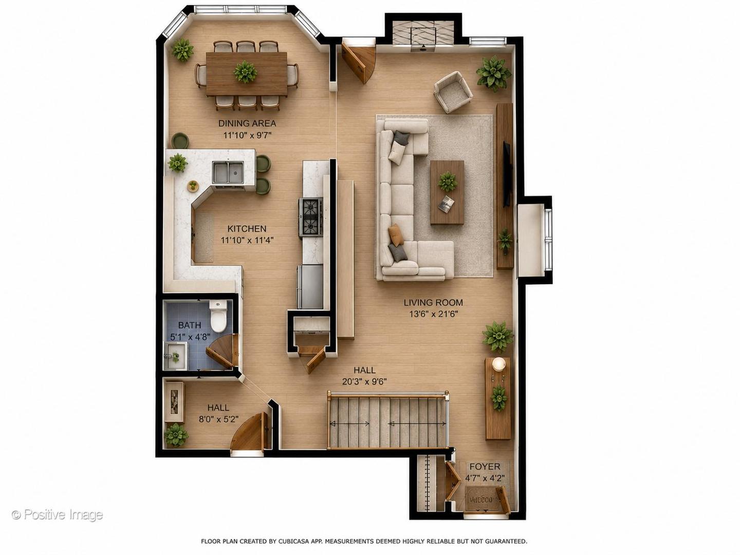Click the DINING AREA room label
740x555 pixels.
pyautogui.click(x=247, y=123)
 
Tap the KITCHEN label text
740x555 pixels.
pyautogui.click(x=247, y=229)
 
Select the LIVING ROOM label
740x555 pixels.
pyautogui.click(x=433, y=303)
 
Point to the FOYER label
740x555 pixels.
pyautogui.click(x=485, y=467)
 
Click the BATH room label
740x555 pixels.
pyautogui.click(x=190, y=325)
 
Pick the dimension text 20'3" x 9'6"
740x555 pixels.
pyautogui.click(x=364, y=382)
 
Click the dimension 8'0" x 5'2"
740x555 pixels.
pyautogui.click(x=218, y=419)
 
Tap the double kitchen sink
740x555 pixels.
pyautogui.click(x=228, y=173)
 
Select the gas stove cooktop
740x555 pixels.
pyautogui.click(x=310, y=218)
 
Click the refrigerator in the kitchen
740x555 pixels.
pyautogui.click(x=310, y=287)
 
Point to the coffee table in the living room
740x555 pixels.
pyautogui.click(x=447, y=192)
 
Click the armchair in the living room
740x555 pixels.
pyautogui.click(x=453, y=92)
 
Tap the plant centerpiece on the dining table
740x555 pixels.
pyautogui.click(x=246, y=72)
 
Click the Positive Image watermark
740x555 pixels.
pyautogui.click(x=57, y=515)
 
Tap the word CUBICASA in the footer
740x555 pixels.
pyautogui.click(x=292, y=542)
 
